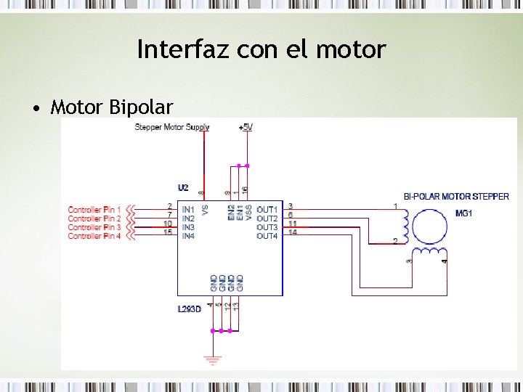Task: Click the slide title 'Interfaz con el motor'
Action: click(261, 49)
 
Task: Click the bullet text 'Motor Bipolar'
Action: click(111, 108)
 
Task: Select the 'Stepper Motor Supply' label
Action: click(172, 127)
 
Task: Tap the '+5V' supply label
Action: click(246, 127)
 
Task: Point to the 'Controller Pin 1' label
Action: click(94, 210)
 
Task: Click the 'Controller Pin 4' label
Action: click(94, 236)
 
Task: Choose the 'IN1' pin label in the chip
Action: click(188, 210)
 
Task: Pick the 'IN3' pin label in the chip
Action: click(188, 227)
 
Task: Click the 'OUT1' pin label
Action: click(267, 210)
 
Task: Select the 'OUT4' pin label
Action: click(267, 236)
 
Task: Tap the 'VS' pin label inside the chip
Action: click(205, 210)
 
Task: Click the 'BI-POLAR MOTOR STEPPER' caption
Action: click(456, 197)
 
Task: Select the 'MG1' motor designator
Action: click(463, 213)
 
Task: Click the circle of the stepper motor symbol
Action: click(430, 225)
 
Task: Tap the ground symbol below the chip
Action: click(213, 359)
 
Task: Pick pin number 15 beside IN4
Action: click(168, 233)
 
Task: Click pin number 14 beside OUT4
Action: click(292, 233)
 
